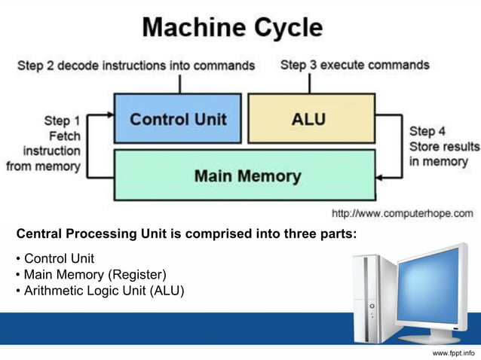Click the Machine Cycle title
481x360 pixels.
232,28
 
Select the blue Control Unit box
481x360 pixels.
178,118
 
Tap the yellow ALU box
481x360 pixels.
311,118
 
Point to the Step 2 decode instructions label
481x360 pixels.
136,66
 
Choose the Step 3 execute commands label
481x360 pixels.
354,65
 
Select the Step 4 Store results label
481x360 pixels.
443,146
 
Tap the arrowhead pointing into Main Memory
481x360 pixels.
380,178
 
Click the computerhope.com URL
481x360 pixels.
403,213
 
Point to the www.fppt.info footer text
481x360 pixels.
453,352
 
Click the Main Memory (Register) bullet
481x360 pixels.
90,274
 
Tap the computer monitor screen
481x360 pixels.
430,285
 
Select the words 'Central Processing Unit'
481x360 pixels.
83,233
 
